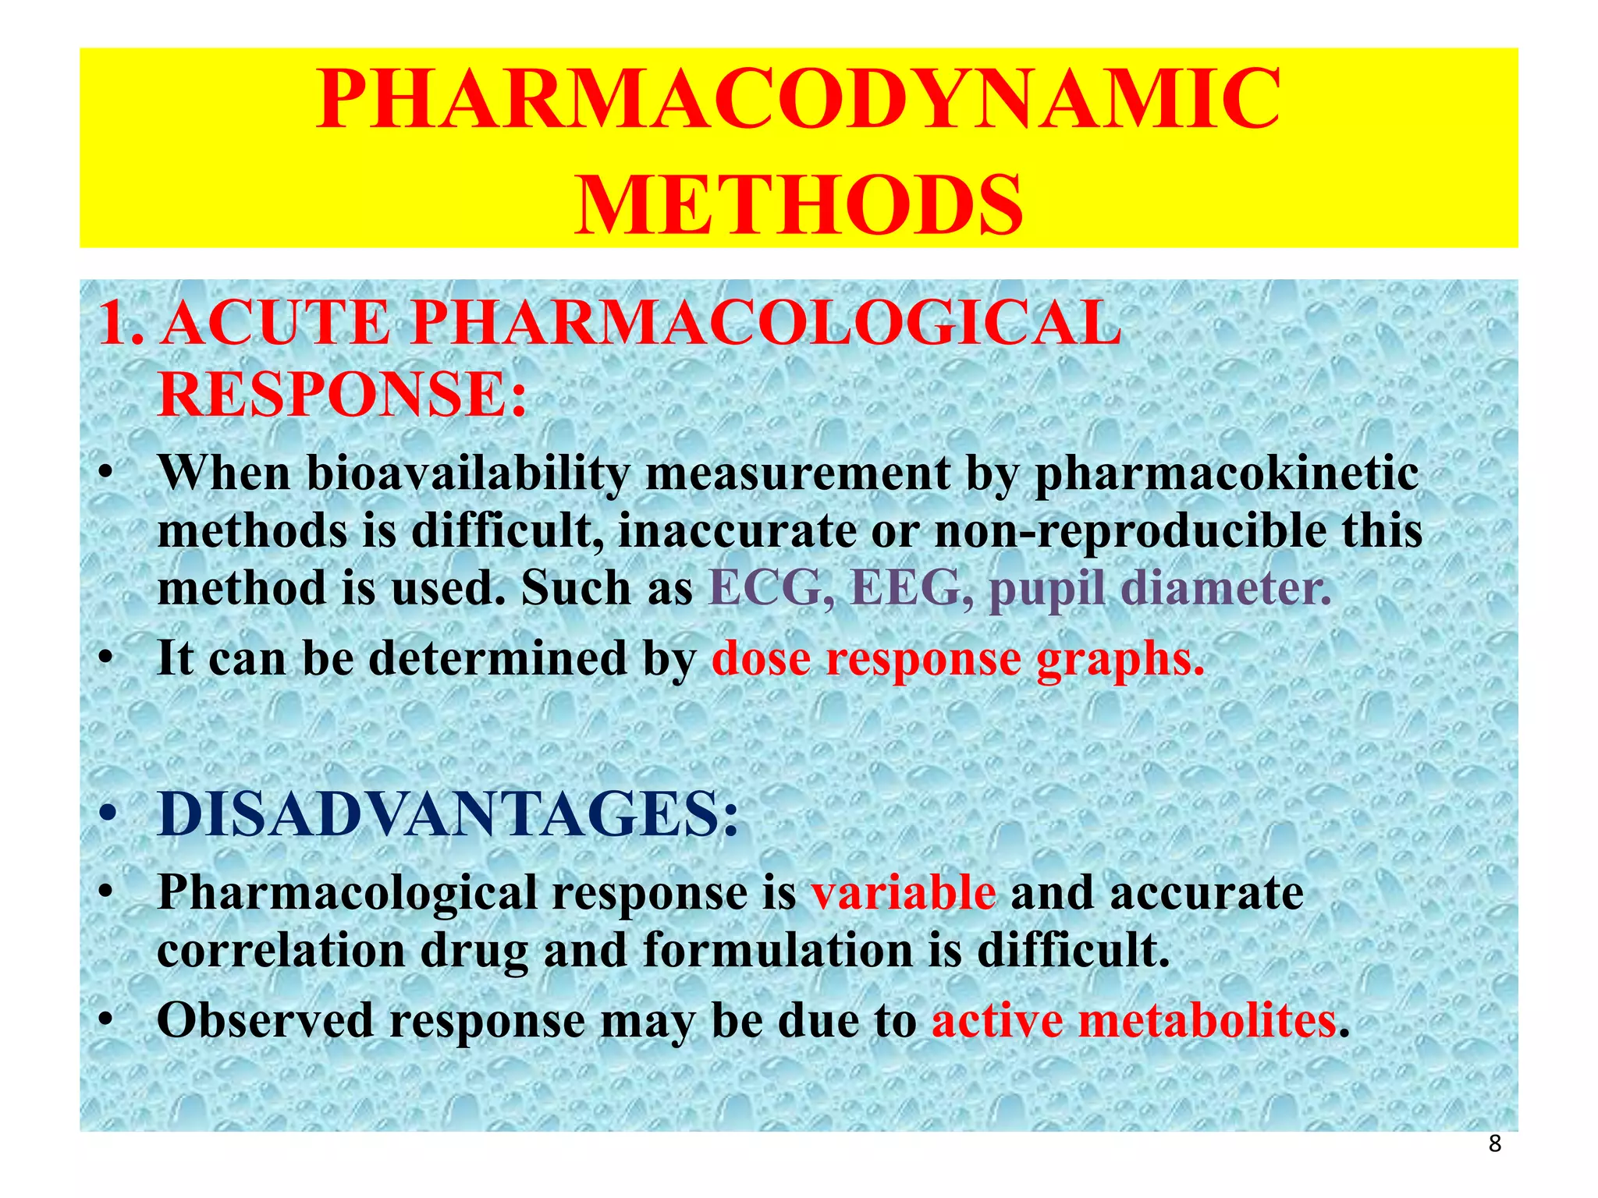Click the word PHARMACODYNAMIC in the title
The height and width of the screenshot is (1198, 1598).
tap(798, 100)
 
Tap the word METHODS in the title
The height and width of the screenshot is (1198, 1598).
tap(798, 204)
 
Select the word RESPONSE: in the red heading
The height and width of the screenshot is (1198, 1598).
tap(343, 394)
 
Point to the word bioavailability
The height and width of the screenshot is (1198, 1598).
tap(467, 473)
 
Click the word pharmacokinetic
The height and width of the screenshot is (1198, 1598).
tap(1226, 473)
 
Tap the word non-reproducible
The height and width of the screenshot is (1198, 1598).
tap(1130, 531)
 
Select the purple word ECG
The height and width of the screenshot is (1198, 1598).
tap(764, 587)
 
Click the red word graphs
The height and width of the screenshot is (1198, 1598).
tap(1120, 660)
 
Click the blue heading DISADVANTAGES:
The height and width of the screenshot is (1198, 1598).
tap(448, 815)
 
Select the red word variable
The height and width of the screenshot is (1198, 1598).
tap(904, 892)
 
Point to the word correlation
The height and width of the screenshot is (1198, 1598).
tap(281, 951)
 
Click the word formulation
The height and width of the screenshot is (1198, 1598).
tap(777, 951)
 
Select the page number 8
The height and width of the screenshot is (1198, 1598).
tap(1494, 1144)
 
